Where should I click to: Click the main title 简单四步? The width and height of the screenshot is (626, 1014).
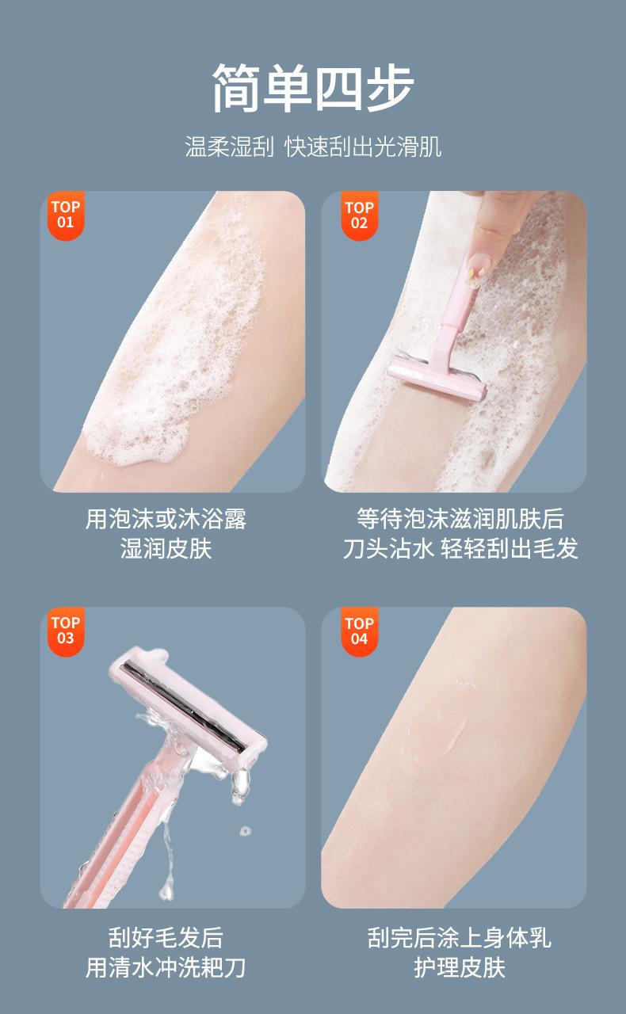pyautogui.click(x=312, y=88)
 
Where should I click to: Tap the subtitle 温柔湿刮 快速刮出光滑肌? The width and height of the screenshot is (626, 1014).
pyautogui.click(x=313, y=147)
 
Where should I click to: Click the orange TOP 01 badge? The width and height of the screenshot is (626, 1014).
pyautogui.click(x=66, y=215)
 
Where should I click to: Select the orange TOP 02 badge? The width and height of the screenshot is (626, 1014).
pyautogui.click(x=360, y=216)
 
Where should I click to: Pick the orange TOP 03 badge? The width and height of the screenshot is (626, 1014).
pyautogui.click(x=66, y=631)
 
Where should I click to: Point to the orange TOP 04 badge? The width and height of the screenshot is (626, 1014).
pyautogui.click(x=360, y=632)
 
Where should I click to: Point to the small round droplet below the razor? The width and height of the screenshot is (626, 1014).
pyautogui.click(x=246, y=831)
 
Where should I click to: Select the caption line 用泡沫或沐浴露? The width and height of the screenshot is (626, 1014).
pyautogui.click(x=166, y=519)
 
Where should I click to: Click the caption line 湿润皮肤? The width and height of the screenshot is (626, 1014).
pyautogui.click(x=166, y=549)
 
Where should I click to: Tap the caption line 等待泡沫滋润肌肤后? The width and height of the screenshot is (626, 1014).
pyautogui.click(x=460, y=519)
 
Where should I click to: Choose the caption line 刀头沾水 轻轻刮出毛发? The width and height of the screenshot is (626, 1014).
pyautogui.click(x=460, y=549)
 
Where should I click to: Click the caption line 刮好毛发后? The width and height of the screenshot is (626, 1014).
pyautogui.click(x=166, y=937)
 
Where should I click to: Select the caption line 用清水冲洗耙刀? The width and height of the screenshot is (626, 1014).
pyautogui.click(x=166, y=967)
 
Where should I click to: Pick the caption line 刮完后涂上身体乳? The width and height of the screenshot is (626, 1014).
pyautogui.click(x=460, y=937)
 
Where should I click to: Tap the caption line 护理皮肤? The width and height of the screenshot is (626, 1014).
pyautogui.click(x=460, y=967)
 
